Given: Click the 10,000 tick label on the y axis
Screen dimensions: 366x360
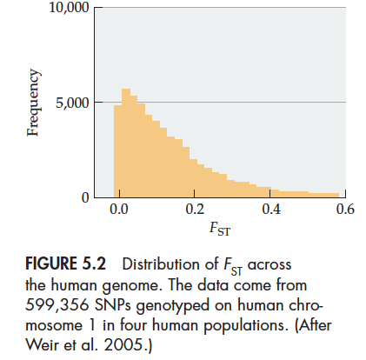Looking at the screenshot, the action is coord(69,7).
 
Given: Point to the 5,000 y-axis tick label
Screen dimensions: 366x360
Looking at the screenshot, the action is coord(72,103).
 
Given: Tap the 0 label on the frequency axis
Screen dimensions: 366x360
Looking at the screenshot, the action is coord(85,198).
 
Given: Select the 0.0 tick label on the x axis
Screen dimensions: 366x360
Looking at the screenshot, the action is coord(119,209).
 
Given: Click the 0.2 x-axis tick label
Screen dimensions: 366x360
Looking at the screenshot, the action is coord(195,209).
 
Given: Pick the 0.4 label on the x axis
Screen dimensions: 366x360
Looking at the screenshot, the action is coord(271,209).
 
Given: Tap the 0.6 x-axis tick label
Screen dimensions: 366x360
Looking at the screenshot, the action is coord(345,209).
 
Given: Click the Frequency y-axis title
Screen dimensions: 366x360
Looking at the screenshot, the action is coord(33,103).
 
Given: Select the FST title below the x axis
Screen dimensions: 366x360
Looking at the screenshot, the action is coord(220,229).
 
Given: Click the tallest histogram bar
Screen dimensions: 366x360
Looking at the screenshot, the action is coord(126,143).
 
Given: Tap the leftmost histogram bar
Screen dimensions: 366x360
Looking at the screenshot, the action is coord(117,151).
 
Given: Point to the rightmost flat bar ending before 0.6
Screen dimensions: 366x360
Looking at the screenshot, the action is coord(323,196).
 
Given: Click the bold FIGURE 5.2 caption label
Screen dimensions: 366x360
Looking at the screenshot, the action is coord(66,264).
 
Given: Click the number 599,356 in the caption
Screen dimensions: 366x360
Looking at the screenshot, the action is coord(57,305).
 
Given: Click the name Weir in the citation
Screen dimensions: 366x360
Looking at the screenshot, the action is coord(42,344).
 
